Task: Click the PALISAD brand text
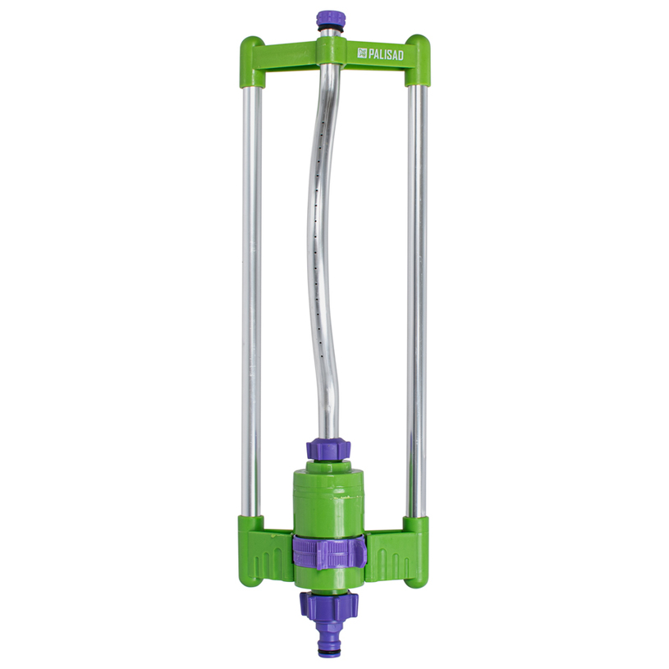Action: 386,53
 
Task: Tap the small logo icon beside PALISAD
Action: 362,53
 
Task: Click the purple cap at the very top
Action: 328,19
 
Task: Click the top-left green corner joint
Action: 252,62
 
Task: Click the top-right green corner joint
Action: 417,60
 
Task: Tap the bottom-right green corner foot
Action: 416,552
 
